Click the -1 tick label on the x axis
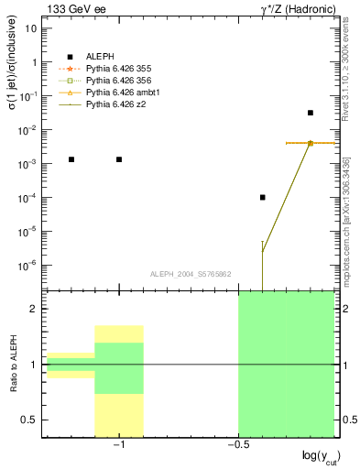[x=117, y=444]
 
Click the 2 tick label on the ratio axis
[x=34, y=310]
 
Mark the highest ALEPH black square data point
[x=311, y=113]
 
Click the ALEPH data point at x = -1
[x=119, y=159]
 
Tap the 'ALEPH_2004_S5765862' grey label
[x=191, y=274]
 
